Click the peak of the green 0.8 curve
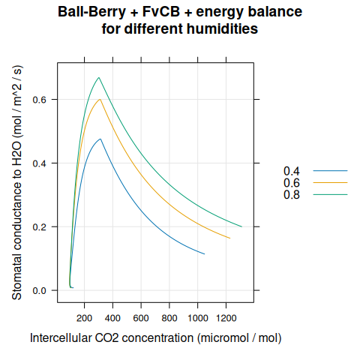(x=99, y=77)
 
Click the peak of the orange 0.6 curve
(x=100, y=99)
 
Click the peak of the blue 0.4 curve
(x=100, y=139)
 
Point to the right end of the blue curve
(x=205, y=254)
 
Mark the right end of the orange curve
(x=230, y=238)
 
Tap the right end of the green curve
(x=242, y=226)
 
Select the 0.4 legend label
(x=292, y=171)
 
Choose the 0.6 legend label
(x=292, y=183)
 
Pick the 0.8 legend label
(x=292, y=194)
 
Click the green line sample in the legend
(x=330, y=194)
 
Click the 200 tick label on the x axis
(x=85, y=318)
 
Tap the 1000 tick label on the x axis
(x=198, y=318)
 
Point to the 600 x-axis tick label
(x=141, y=318)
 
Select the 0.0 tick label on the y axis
(x=40, y=291)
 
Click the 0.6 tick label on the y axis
(x=40, y=100)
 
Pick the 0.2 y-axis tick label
(x=40, y=227)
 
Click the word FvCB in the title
(x=161, y=12)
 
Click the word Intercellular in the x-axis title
(x=61, y=338)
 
